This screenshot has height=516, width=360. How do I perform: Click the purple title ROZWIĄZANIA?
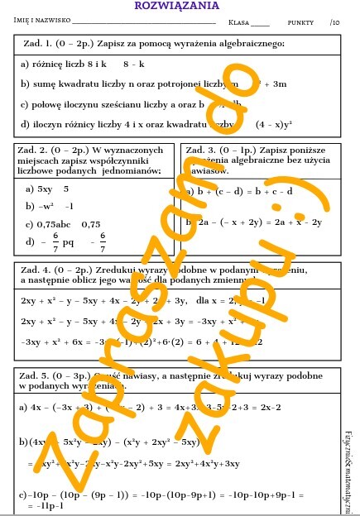180,7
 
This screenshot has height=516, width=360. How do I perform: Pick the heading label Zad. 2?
36,150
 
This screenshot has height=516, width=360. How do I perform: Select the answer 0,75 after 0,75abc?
91,223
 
